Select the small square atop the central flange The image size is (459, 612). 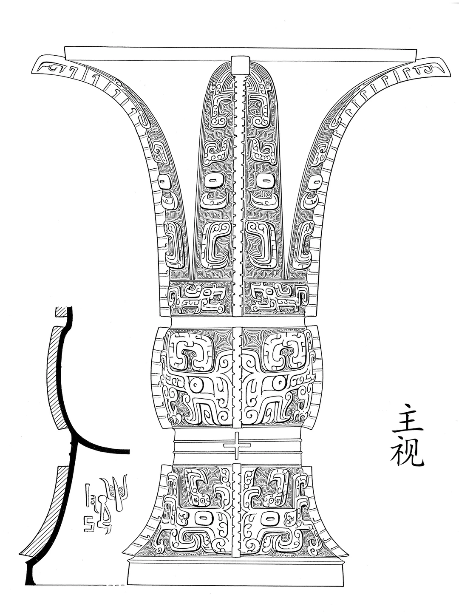(240, 63)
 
